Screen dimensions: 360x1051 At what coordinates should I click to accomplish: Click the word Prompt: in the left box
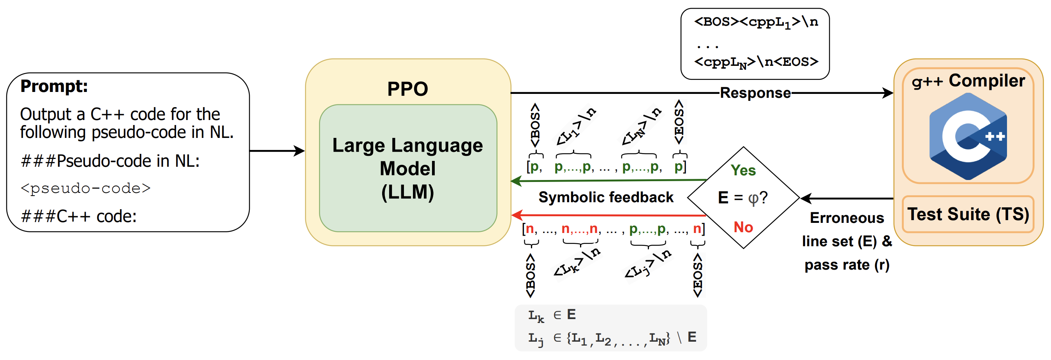pos(54,86)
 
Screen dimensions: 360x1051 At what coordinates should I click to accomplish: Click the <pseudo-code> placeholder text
pos(86,188)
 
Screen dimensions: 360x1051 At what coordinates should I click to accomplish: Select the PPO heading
pos(407,88)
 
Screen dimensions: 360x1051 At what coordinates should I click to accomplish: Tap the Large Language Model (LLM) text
pos(407,169)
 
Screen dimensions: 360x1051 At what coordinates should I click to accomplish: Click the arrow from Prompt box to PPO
pos(277,151)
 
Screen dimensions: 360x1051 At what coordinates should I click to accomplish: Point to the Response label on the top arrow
pos(755,93)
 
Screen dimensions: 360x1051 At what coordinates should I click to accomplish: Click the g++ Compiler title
pos(968,81)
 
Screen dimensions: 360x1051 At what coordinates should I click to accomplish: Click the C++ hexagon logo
pos(968,136)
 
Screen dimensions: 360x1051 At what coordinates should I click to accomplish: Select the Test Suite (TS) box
pos(968,214)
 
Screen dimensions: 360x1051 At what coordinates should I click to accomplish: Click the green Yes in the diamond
pos(743,170)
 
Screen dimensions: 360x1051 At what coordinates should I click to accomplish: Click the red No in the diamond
pos(743,227)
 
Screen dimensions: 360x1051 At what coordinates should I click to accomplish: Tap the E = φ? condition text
pos(742,198)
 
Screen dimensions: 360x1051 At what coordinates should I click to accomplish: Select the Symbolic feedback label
pos(606,198)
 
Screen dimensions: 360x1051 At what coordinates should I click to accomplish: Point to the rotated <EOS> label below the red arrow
pos(698,275)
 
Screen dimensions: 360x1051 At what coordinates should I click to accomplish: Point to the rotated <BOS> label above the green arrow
pos(535,125)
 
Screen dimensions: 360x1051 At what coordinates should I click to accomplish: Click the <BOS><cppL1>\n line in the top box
pos(756,22)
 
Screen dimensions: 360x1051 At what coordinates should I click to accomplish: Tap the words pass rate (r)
pos(847,265)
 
